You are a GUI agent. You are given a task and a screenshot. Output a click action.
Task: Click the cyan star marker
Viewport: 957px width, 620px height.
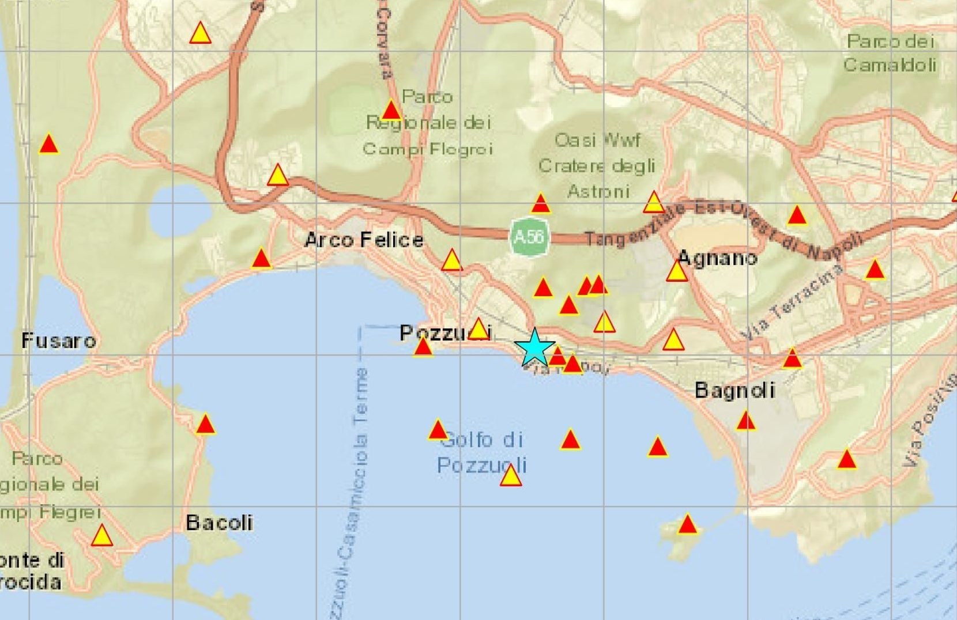coord(534,347)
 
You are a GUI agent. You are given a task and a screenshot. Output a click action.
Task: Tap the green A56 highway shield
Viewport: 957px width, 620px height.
coord(529,236)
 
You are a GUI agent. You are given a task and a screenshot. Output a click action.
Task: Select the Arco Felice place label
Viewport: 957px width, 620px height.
coord(364,240)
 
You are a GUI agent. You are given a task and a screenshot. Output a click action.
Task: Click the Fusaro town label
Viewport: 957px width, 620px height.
coord(58,341)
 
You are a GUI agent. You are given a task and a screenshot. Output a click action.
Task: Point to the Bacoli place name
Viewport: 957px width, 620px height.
coord(219,523)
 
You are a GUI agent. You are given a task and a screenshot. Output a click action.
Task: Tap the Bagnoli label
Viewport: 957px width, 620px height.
coord(734,390)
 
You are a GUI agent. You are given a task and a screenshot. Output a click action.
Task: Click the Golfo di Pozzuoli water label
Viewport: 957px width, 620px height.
coord(482,452)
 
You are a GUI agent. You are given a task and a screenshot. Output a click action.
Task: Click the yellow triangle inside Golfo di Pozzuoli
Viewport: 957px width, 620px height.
coord(511,477)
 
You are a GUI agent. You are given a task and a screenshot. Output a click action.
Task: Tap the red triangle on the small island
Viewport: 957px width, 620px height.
coord(687,525)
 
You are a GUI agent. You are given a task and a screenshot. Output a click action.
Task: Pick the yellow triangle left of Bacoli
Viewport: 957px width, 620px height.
coord(102,536)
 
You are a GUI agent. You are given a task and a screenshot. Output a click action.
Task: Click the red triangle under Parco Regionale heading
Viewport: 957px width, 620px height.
coord(391,110)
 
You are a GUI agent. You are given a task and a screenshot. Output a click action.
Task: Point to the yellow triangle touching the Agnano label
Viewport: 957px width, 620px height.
coord(677,271)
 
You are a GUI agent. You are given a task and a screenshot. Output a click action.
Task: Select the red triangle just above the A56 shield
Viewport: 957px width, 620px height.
coord(540,203)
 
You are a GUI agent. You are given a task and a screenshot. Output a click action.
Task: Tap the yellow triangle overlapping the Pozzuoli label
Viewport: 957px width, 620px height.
coord(478,328)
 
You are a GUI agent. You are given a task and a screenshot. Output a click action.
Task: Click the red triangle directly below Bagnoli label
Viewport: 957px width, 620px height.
coord(745,421)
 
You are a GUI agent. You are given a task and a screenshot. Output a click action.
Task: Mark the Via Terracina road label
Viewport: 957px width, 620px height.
coord(792,303)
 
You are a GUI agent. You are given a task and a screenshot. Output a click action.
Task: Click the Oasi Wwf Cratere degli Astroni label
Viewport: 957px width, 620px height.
coord(597,165)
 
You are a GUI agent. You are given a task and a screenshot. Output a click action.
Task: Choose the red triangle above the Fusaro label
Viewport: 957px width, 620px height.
coord(49,144)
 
